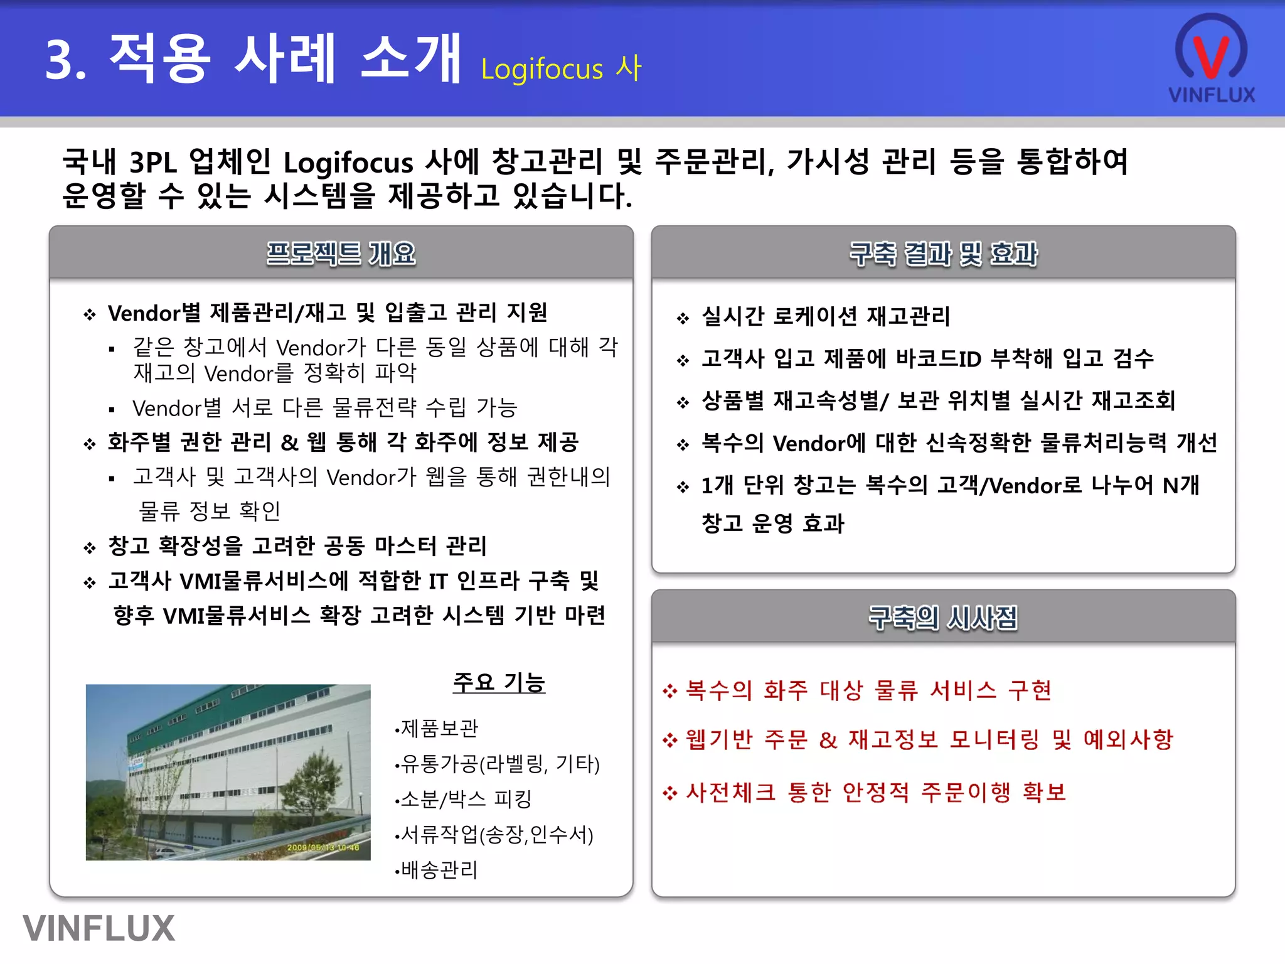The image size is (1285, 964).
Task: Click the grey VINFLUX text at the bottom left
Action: (x=99, y=928)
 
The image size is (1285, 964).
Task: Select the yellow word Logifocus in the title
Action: (x=542, y=69)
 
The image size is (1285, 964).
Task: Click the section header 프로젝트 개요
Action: (x=341, y=254)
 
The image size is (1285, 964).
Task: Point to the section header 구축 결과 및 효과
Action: (x=943, y=254)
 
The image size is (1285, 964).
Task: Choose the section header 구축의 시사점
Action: (x=943, y=618)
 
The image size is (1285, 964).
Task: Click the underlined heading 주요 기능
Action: (x=499, y=682)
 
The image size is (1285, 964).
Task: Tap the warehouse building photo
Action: (x=228, y=772)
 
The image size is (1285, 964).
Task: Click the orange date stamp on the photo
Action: (x=323, y=847)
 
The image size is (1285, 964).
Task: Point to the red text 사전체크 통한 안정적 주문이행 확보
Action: (x=876, y=792)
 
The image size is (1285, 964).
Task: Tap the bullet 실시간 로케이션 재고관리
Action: (x=826, y=316)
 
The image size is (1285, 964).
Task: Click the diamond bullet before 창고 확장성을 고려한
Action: (x=90, y=548)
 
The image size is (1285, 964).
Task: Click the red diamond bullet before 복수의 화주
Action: (x=670, y=691)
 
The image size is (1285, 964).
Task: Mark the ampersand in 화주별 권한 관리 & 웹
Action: (x=289, y=442)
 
